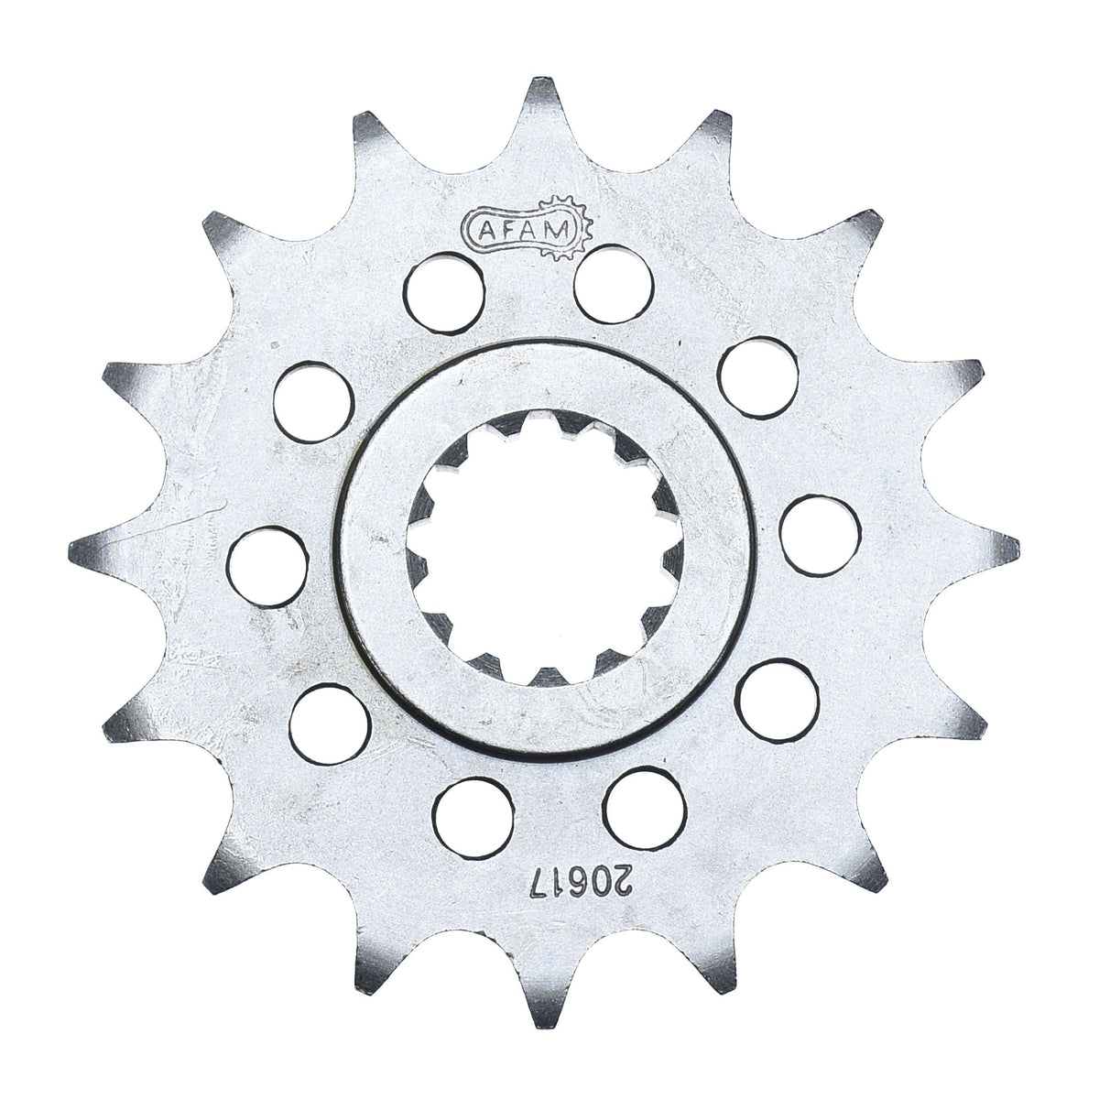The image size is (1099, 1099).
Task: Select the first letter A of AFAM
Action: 486,231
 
